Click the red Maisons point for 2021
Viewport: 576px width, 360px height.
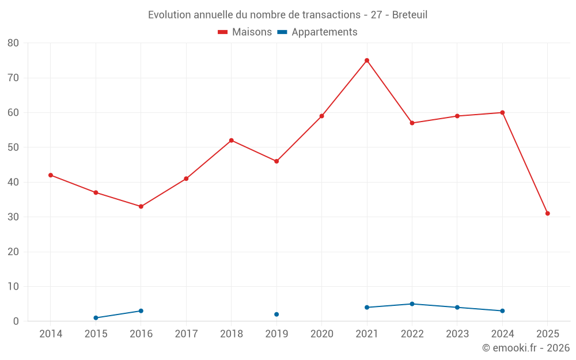pos(367,60)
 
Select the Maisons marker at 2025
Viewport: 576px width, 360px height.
pos(548,214)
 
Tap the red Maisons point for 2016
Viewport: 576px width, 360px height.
pos(141,206)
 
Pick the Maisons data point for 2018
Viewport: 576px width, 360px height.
pos(232,141)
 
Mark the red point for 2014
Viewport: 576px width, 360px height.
pos(51,175)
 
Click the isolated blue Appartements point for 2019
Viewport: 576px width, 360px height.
pos(276,314)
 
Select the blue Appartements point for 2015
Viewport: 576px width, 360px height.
pos(96,318)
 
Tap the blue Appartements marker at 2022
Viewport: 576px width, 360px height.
pos(412,304)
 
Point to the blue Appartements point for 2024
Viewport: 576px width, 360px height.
pos(503,311)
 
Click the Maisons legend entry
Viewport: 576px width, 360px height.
pos(245,32)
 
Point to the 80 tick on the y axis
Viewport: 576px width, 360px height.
pos(13,43)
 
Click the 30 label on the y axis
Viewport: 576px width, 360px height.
pos(13,217)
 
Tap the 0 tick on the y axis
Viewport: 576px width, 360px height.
pos(16,321)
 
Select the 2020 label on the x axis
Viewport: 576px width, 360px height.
pos(322,334)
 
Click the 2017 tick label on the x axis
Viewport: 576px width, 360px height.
pos(186,334)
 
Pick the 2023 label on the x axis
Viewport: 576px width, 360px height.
pos(457,334)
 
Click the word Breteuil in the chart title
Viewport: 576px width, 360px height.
pos(410,15)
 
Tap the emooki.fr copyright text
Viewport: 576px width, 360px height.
pos(525,348)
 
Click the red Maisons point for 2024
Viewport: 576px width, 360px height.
pos(503,113)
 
